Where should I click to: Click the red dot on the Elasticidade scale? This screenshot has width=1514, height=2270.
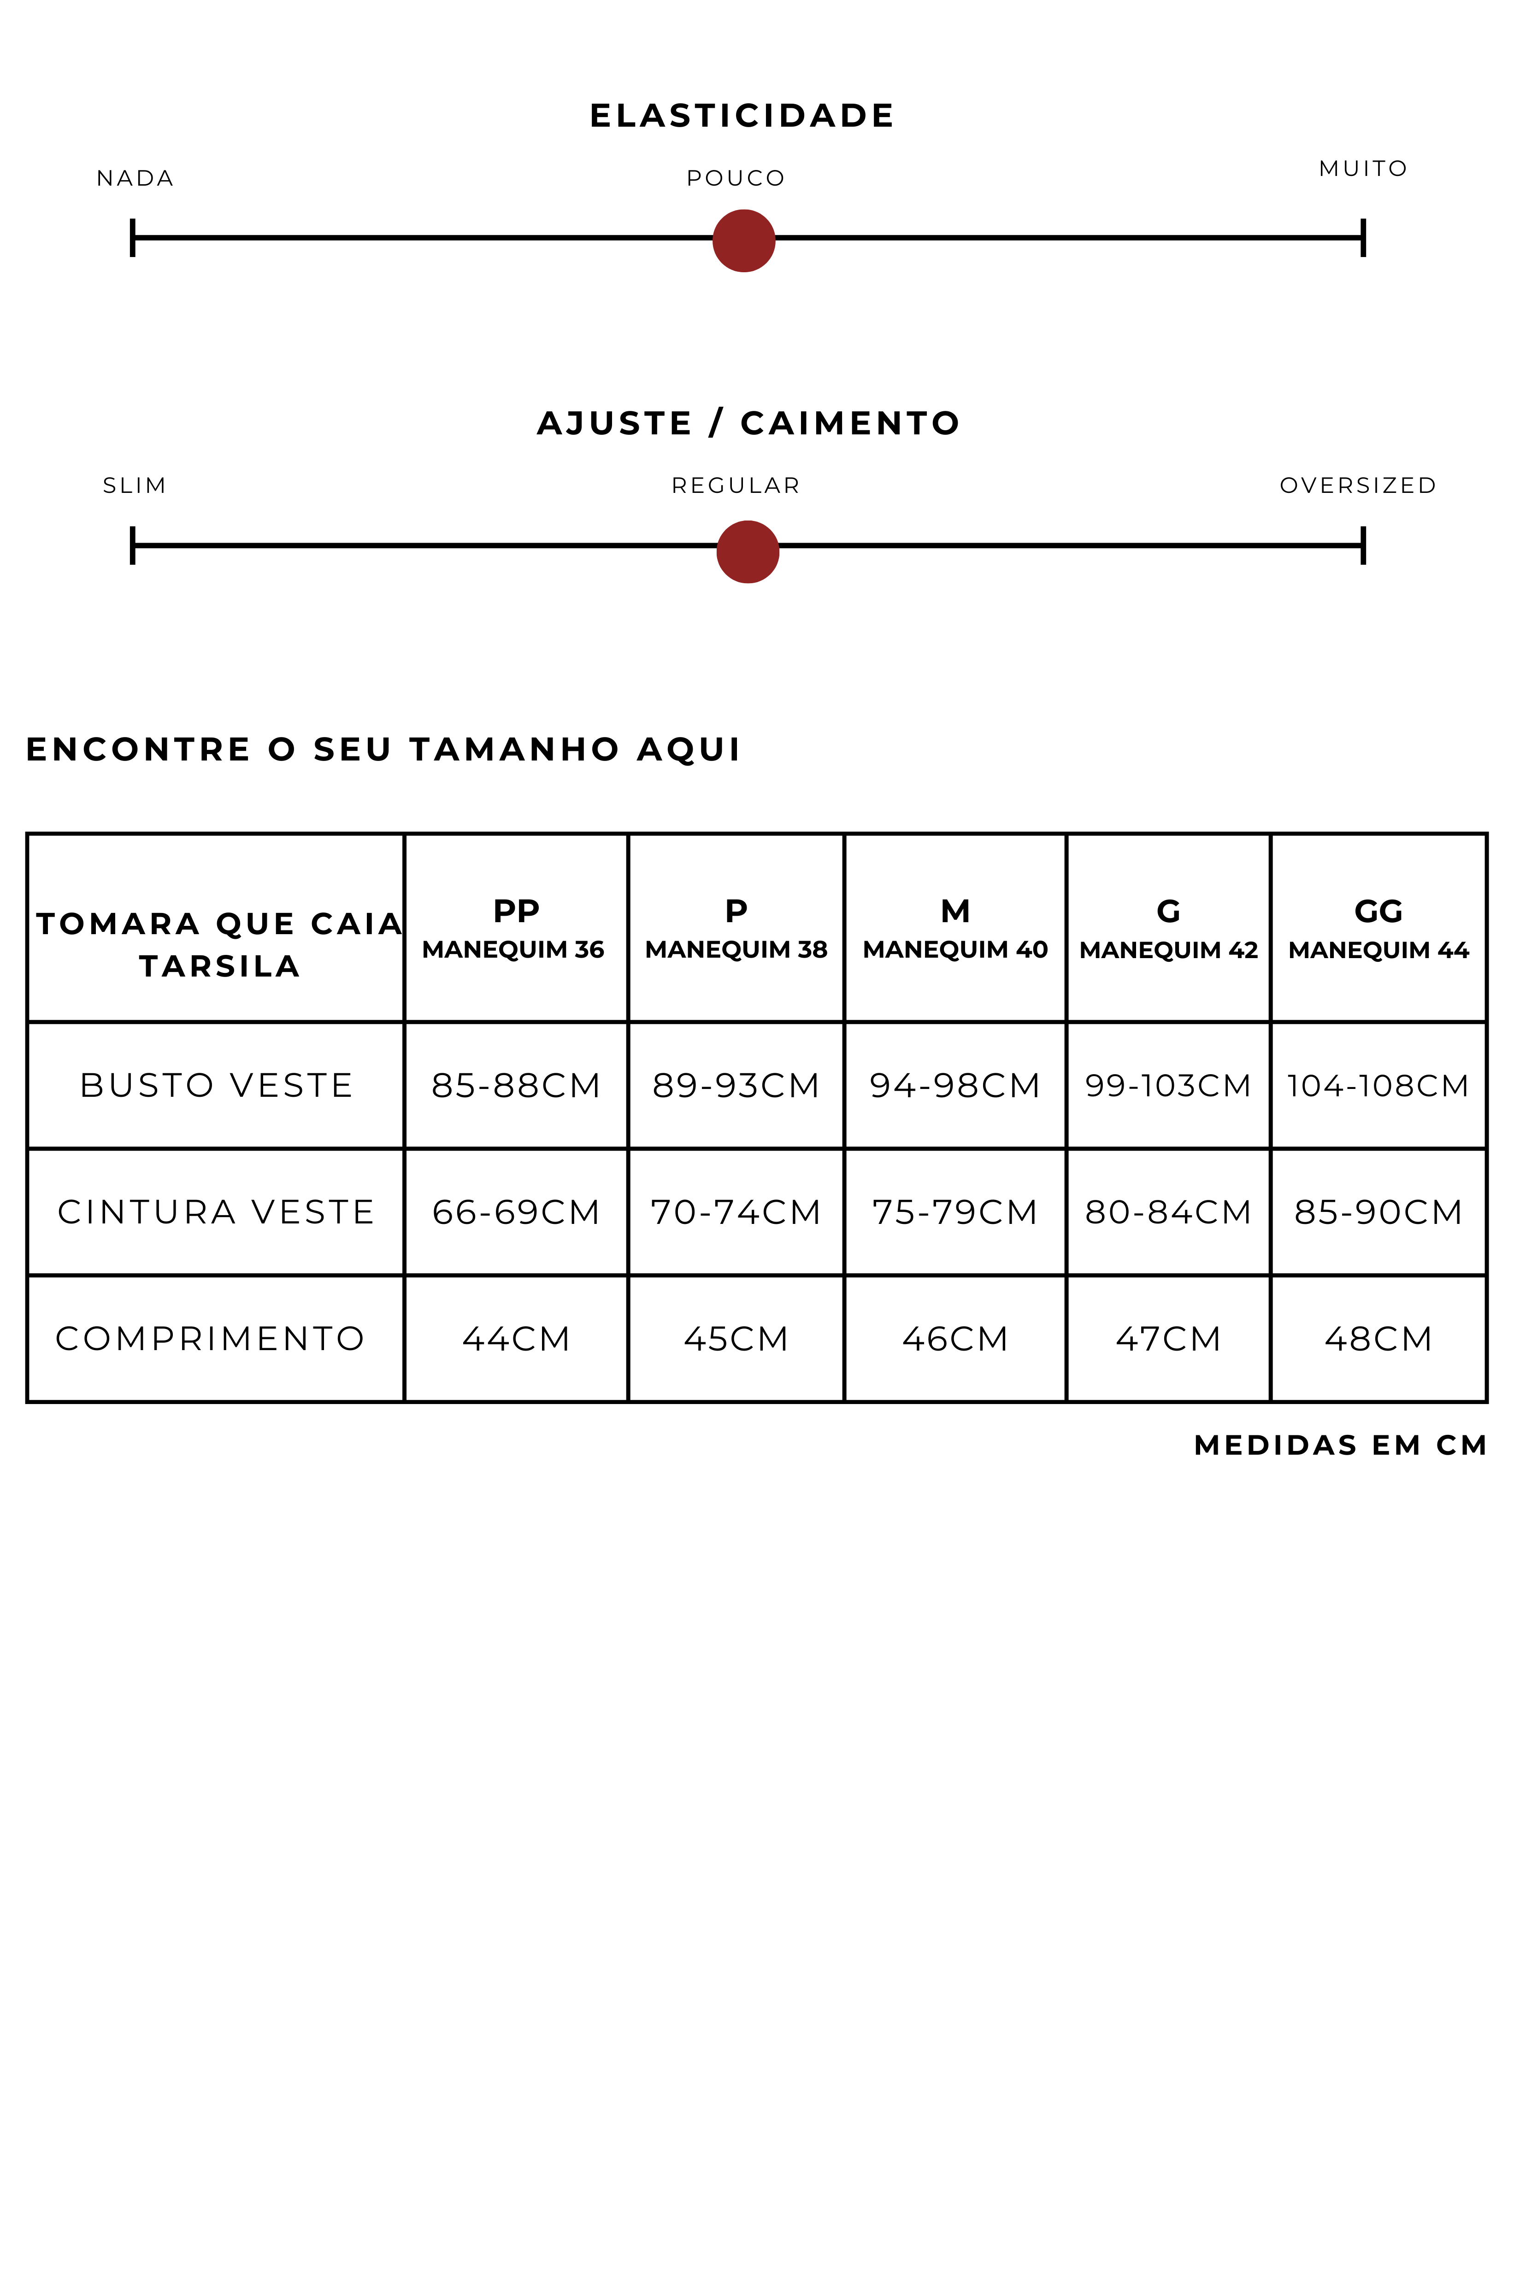(743, 241)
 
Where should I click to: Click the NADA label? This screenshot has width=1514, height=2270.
(135, 179)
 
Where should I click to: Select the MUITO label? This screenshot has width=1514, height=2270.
(1362, 169)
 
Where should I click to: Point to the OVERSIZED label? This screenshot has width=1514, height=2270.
(1358, 486)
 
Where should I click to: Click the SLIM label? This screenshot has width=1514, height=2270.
(134, 486)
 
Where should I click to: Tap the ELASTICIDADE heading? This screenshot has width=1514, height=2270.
(742, 116)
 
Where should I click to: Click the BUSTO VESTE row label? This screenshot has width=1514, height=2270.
(216, 1086)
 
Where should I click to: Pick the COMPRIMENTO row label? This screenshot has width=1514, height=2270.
(211, 1339)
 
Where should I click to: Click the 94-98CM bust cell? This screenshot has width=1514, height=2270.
(954, 1086)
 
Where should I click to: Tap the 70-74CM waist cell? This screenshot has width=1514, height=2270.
(736, 1212)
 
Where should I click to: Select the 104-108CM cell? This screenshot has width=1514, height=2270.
(1378, 1086)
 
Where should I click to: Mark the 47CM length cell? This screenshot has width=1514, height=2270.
(1167, 1339)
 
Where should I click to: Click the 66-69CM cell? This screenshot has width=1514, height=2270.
(516, 1212)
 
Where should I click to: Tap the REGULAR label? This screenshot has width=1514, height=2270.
(736, 486)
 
